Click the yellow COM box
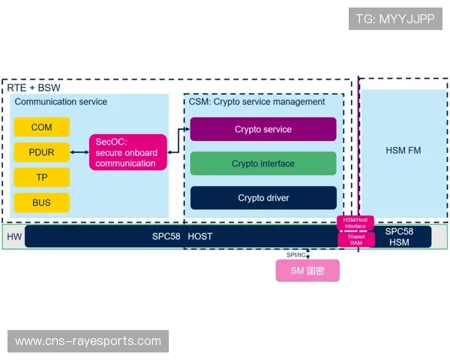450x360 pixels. (x=42, y=127)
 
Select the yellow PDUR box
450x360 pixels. (x=42, y=152)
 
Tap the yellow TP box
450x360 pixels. (x=42, y=177)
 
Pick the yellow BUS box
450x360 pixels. (x=42, y=202)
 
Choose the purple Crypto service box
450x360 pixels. (x=262, y=129)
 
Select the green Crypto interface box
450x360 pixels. (x=262, y=163)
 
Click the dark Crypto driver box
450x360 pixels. (x=262, y=198)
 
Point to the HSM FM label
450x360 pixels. (x=403, y=151)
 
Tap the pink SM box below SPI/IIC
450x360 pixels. (x=307, y=271)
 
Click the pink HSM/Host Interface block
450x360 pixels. (x=355, y=223)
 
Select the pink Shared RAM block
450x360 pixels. (x=355, y=239)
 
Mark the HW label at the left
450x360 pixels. (x=14, y=237)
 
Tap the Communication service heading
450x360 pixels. (x=61, y=102)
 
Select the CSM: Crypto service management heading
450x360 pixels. (x=256, y=102)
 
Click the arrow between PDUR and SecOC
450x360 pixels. (x=80, y=152)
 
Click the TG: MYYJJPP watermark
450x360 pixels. (x=395, y=19)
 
